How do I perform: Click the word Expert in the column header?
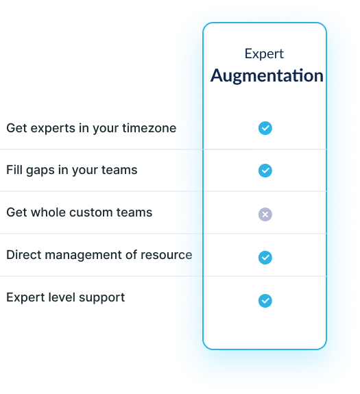pyautogui.click(x=264, y=54)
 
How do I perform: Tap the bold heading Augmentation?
pyautogui.click(x=267, y=75)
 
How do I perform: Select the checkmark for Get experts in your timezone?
pyautogui.click(x=265, y=128)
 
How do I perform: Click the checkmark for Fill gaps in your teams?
pyautogui.click(x=265, y=171)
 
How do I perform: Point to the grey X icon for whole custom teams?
pyautogui.click(x=265, y=214)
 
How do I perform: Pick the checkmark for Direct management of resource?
pyautogui.click(x=265, y=258)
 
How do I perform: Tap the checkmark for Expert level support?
pyautogui.click(x=265, y=301)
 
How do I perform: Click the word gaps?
pyautogui.click(x=40, y=171)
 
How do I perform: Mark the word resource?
pyautogui.click(x=167, y=256)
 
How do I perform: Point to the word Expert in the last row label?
pyautogui.click(x=25, y=298)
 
